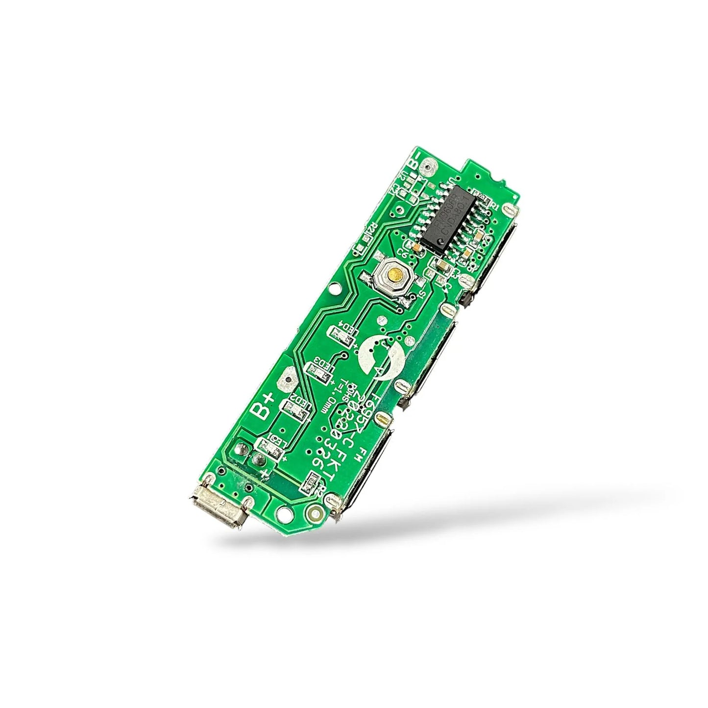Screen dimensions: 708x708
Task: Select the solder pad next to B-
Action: [x=431, y=169]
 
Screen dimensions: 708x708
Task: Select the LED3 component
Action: [x=317, y=371]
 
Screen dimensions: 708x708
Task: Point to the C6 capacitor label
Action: [x=404, y=253]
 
